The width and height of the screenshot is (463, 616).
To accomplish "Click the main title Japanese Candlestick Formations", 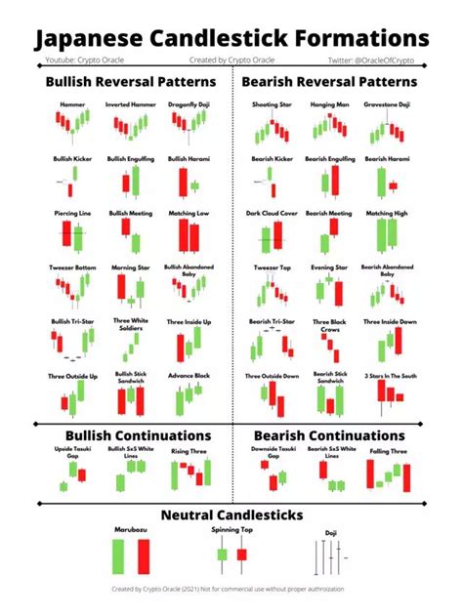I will tap(231, 39).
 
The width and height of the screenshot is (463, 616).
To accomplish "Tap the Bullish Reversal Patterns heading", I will tap(116, 82).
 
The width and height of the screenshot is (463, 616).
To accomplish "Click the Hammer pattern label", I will tap(65, 103).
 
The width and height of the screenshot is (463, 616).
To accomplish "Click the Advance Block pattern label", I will tap(188, 376).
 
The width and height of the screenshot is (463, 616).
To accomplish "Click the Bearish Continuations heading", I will tap(328, 434).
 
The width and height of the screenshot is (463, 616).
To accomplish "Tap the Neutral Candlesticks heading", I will tap(231, 514).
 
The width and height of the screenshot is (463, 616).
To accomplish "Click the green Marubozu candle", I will tap(119, 557).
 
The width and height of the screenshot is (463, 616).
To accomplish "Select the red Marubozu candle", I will tap(144, 557).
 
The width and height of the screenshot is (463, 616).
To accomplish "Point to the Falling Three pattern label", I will tap(388, 451).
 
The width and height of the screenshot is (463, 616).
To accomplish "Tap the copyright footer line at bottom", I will tap(231, 590).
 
